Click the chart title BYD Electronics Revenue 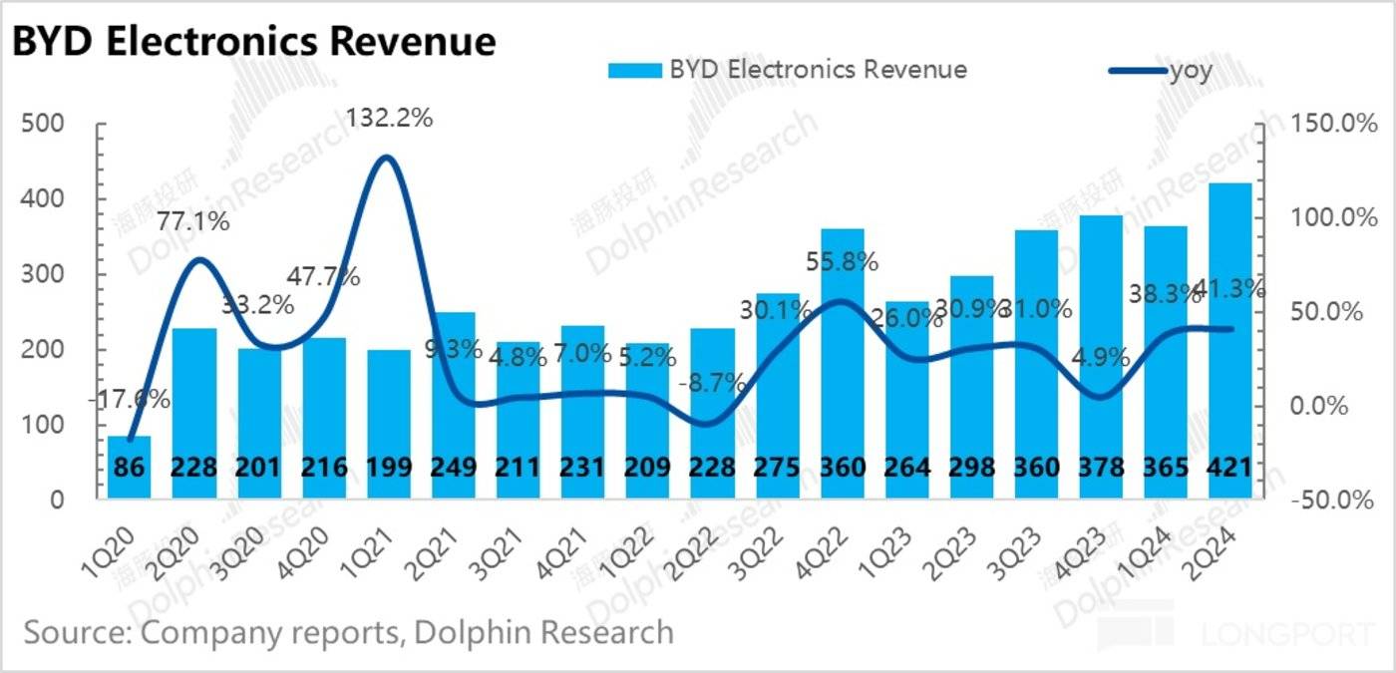(x=254, y=41)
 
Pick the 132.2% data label (x=389, y=119)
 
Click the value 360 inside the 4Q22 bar (x=841, y=468)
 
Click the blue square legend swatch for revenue (x=634, y=70)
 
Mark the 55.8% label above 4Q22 (x=843, y=262)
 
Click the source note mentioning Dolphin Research (x=348, y=631)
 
